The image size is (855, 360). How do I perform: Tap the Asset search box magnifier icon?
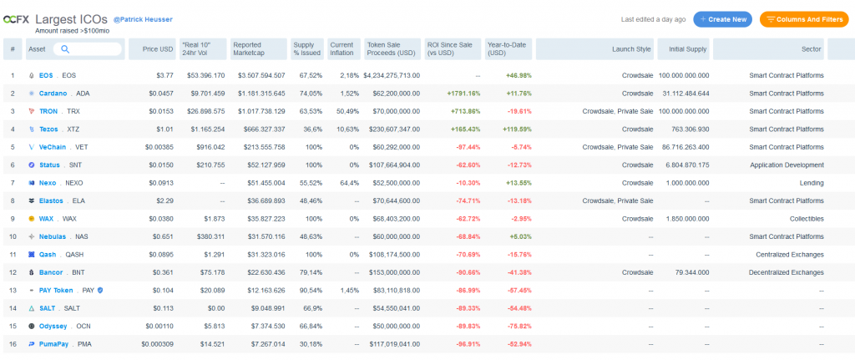point(64,49)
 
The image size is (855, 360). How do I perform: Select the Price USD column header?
point(158,49)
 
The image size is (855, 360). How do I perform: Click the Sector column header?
point(811,49)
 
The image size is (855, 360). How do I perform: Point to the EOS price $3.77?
point(163,75)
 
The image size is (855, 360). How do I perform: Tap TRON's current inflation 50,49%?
point(345,111)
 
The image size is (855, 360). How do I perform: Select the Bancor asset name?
point(52,272)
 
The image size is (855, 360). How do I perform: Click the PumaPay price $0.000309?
point(155,344)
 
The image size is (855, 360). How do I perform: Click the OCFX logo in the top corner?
point(18,18)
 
